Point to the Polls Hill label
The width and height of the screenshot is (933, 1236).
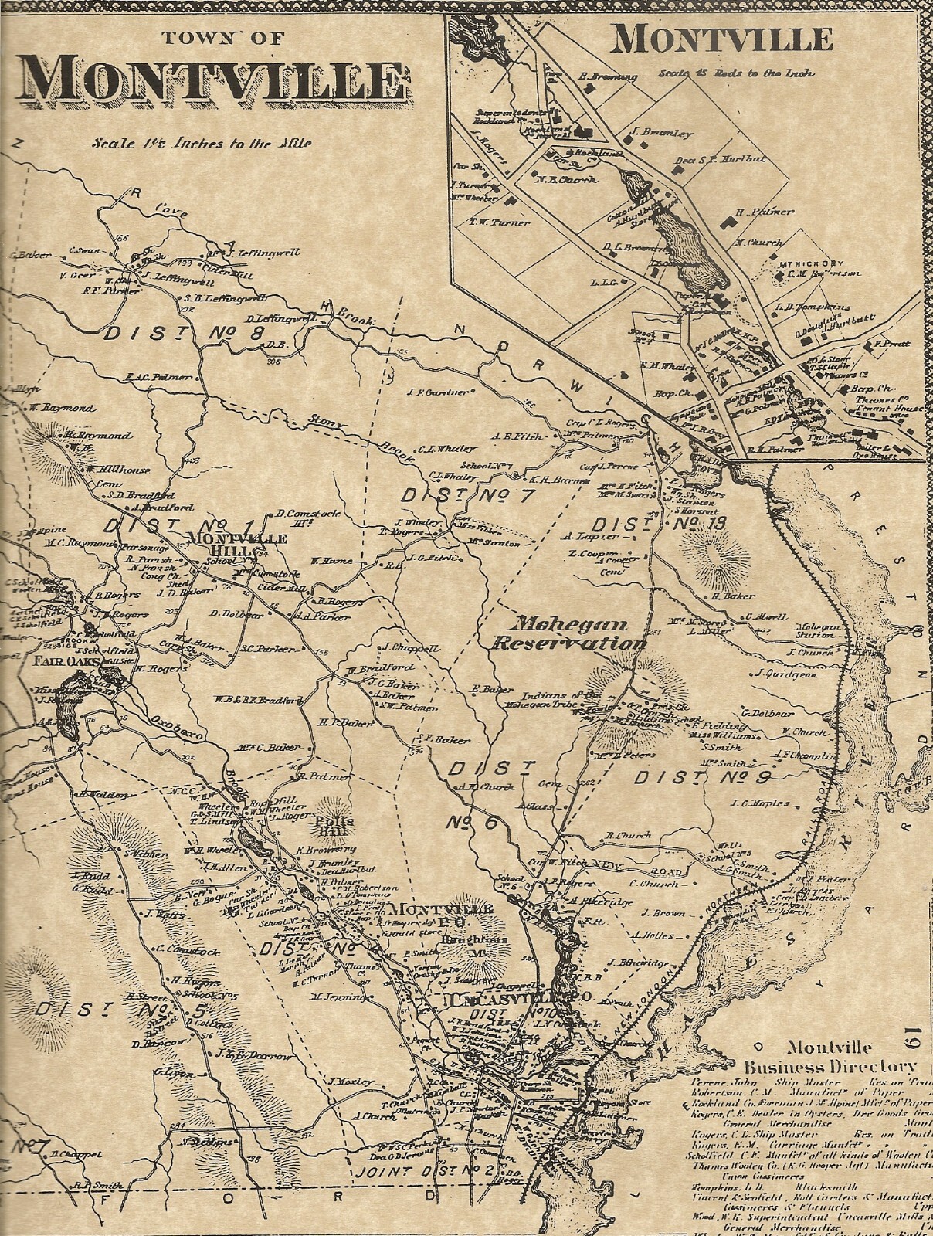(x=338, y=827)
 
